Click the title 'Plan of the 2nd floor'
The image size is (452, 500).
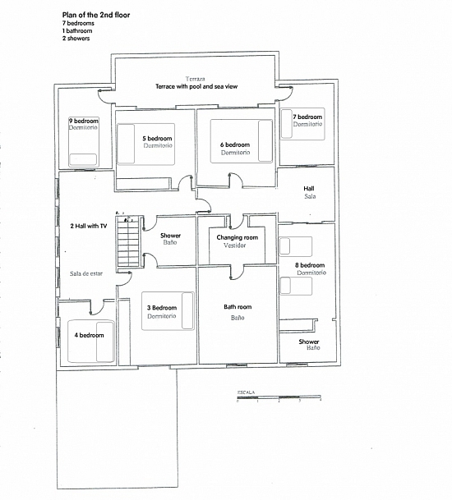[x=96, y=15]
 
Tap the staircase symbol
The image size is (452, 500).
[x=128, y=241]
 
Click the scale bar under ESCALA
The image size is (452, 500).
[x=279, y=397]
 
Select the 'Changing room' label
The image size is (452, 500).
[x=238, y=237]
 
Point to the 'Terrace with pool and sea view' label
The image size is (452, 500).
[x=196, y=86]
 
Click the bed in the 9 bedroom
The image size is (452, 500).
[x=84, y=142]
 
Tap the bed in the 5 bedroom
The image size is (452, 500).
[x=146, y=144]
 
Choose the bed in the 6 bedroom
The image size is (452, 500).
[x=242, y=141]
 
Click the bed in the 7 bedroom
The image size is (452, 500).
[x=302, y=124]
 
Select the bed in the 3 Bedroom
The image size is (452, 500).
[x=168, y=311]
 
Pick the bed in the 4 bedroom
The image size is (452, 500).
[x=91, y=342]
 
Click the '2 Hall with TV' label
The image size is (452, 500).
[x=89, y=226]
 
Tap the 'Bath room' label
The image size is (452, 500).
[x=238, y=307]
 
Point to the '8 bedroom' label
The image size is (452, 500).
[x=310, y=265]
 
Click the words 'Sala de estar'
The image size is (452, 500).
[x=86, y=273]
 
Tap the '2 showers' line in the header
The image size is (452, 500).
[x=76, y=39]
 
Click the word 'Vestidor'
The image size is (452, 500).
[x=234, y=245]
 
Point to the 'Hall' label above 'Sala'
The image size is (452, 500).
[x=309, y=189]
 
